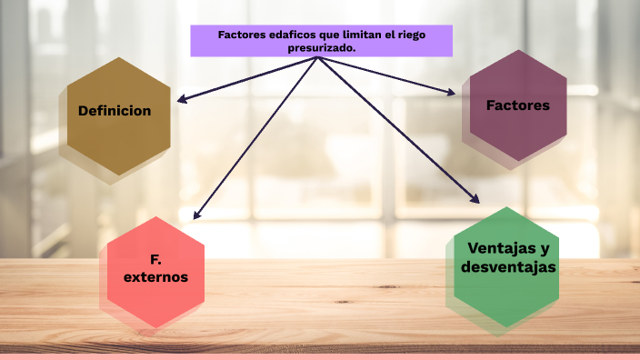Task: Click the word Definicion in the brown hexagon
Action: tap(115, 111)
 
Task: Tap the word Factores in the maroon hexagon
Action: tap(518, 105)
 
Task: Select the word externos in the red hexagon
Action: tap(156, 276)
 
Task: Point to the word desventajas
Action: tap(508, 267)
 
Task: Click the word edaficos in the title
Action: tap(281, 35)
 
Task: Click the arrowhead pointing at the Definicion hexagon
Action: tap(182, 99)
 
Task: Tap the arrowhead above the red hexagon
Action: tap(197, 215)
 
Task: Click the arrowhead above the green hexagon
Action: tap(475, 198)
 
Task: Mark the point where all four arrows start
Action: tap(318, 58)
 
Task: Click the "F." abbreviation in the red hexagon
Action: tap(155, 259)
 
